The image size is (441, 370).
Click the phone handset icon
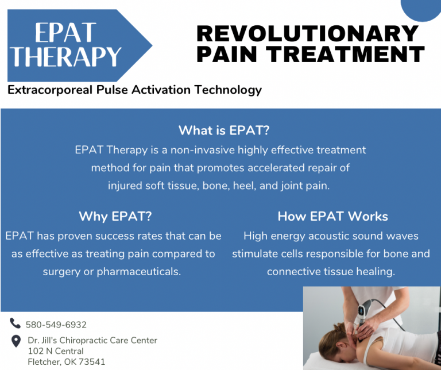tap(15, 323)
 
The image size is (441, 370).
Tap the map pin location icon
tap(16, 341)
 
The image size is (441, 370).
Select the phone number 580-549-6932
tap(56, 325)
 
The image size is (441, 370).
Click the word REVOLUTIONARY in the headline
tap(307, 33)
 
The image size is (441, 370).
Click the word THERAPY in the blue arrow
tap(67, 57)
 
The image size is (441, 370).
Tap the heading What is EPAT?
tap(224, 130)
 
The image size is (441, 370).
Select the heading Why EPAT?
tap(115, 217)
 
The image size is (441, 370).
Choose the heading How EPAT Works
tap(332, 217)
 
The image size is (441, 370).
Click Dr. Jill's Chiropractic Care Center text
tap(92, 340)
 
